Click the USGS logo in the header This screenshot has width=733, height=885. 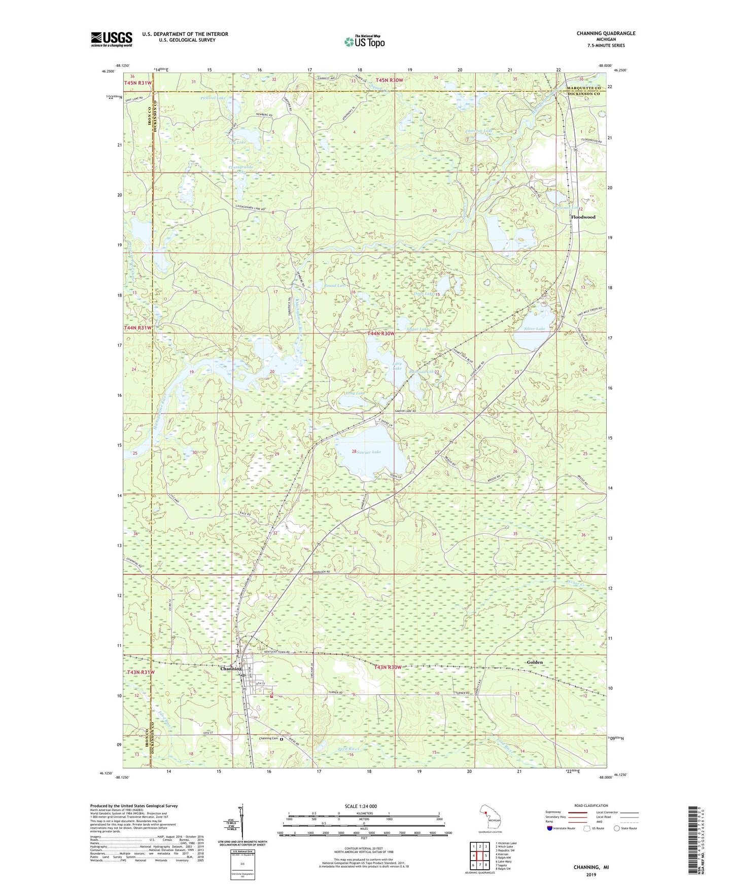[112, 39]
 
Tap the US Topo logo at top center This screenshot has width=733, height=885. [364, 42]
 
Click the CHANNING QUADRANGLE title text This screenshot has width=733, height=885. [606, 33]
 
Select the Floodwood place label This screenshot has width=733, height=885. [583, 217]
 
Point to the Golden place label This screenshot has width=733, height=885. [535, 662]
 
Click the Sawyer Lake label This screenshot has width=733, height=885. [369, 452]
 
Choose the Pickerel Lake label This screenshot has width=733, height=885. [213, 98]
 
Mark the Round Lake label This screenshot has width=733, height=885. [334, 286]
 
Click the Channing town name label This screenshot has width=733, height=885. [231, 669]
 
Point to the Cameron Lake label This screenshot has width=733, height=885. [478, 131]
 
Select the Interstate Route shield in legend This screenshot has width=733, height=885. [551, 828]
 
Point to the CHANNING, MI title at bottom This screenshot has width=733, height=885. [591, 867]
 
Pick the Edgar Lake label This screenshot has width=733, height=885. [417, 329]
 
